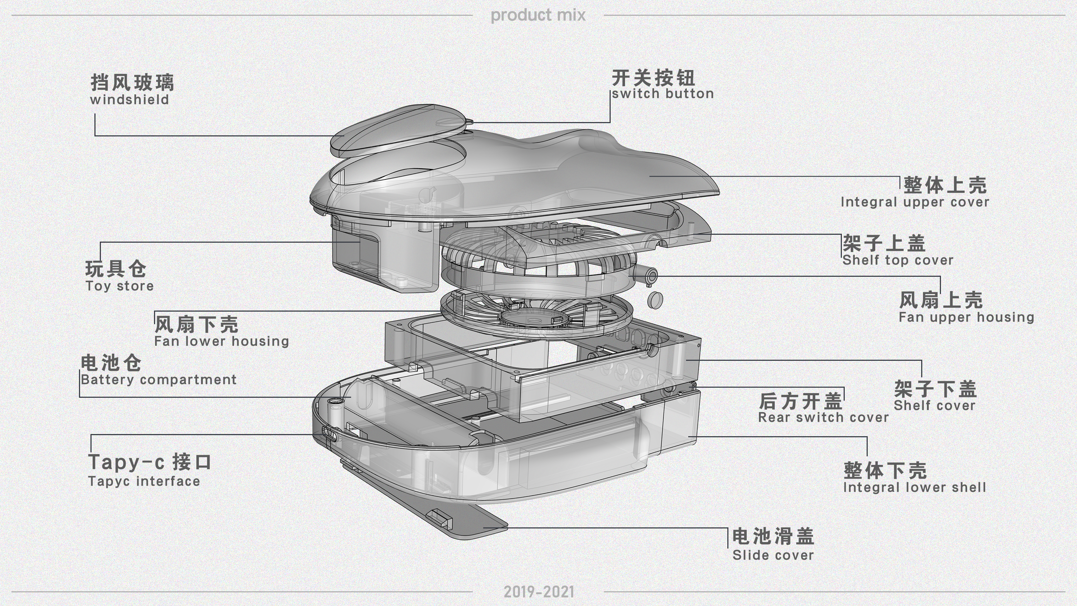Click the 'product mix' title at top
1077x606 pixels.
[538, 15]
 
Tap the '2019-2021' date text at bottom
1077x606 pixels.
[538, 592]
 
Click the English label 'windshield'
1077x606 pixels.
[129, 100]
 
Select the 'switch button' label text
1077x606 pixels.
[663, 94]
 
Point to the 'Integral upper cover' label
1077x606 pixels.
[915, 202]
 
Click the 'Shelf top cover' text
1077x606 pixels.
[897, 260]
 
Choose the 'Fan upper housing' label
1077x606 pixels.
[966, 317]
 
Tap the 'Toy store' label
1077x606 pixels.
[120, 286]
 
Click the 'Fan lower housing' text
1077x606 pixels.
[222, 341]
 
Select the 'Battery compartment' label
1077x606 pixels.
[158, 380]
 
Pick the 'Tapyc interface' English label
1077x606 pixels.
[144, 481]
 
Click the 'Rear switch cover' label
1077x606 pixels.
[823, 418]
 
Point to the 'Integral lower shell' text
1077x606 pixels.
[914, 488]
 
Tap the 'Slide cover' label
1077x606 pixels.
[773, 555]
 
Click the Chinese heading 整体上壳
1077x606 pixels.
[945, 185]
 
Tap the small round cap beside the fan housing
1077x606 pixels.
[655, 299]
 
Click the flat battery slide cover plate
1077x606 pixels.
[456, 517]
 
